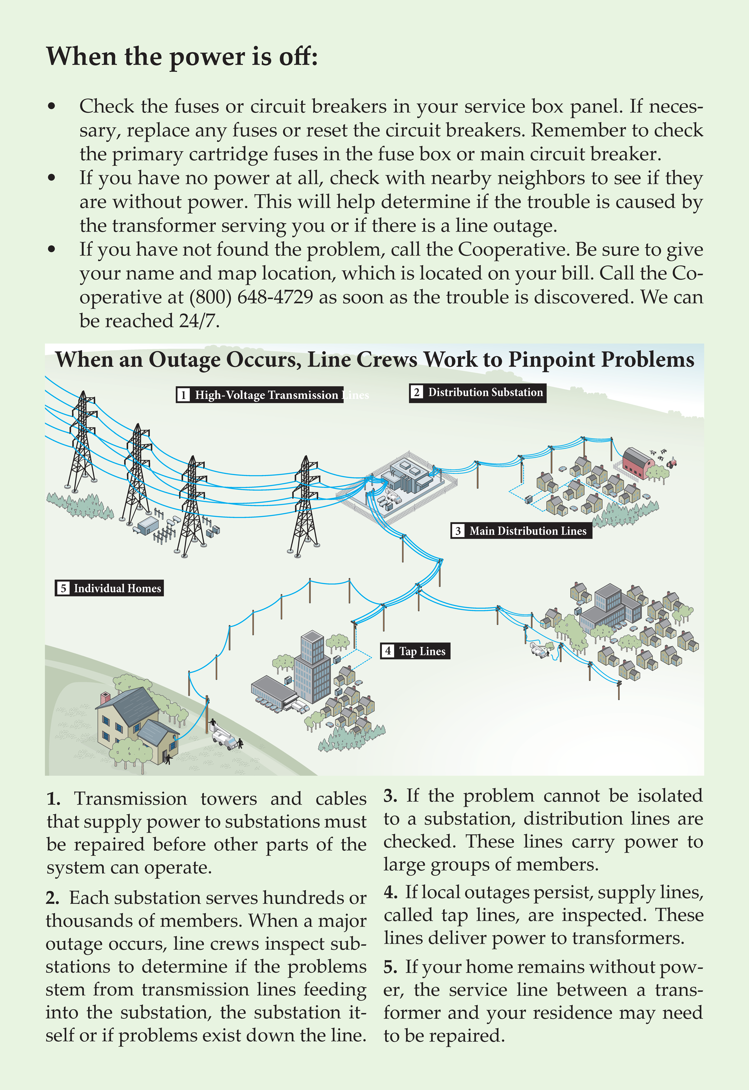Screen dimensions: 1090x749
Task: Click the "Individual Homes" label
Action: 109,588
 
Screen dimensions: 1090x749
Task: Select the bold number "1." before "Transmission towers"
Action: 53,799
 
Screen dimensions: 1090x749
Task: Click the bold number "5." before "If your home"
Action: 391,967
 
